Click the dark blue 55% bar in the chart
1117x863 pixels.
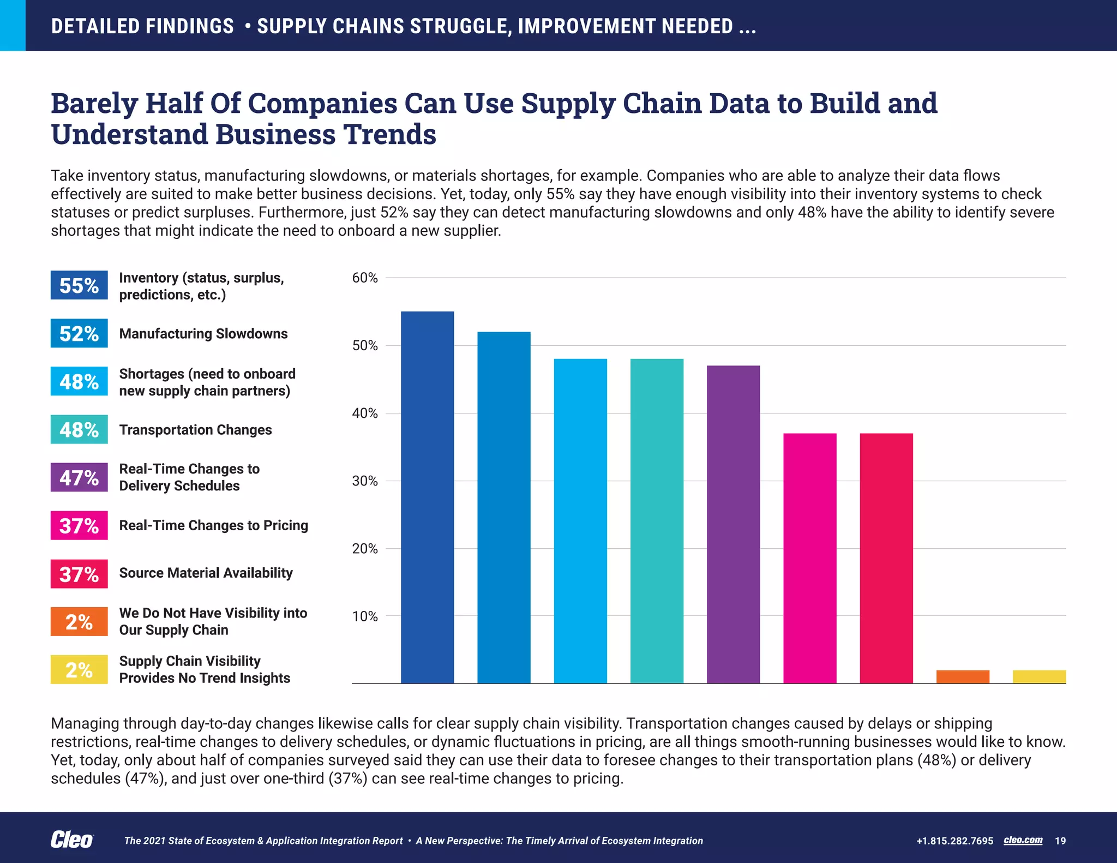pos(427,496)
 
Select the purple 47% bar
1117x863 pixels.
pos(733,524)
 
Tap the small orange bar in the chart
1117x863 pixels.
pos(963,676)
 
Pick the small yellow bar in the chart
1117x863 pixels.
pos(1039,676)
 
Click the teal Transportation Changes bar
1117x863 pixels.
pos(657,521)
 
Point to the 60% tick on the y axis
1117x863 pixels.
pos(365,278)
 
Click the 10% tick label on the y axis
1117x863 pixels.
pos(365,616)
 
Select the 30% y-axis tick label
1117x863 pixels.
pos(365,481)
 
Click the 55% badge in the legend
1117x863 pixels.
pos(79,285)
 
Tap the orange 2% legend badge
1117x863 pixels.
pos(79,622)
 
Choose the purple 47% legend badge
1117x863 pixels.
pos(79,477)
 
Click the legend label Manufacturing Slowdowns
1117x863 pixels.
pos(203,333)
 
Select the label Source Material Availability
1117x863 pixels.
pos(206,573)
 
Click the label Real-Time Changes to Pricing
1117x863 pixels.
pos(213,525)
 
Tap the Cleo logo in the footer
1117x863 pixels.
pos(71,840)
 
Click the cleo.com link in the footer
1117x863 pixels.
pos(1023,840)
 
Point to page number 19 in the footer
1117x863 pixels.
pos(1060,841)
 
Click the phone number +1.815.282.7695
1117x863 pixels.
pos(954,841)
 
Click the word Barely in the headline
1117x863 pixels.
pos(94,104)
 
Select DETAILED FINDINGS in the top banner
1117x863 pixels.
pos(142,26)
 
